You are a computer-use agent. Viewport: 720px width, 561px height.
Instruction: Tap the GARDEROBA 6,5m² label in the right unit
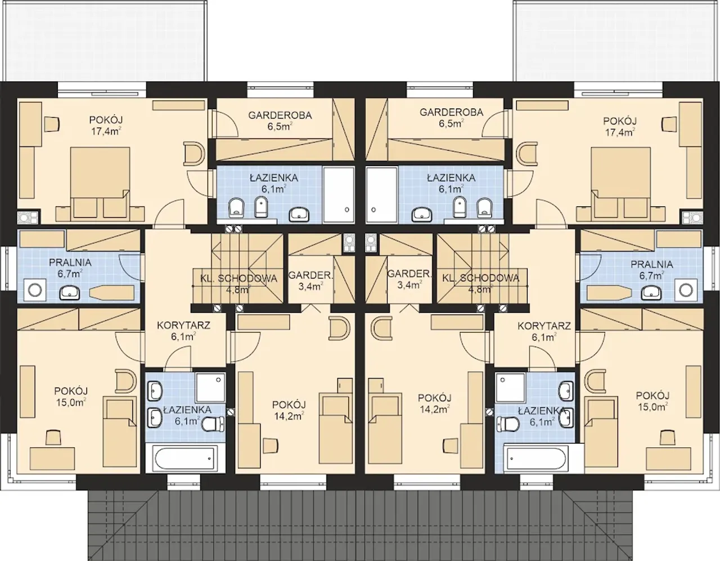coord(452,118)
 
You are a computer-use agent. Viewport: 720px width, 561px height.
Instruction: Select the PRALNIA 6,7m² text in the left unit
coord(70,268)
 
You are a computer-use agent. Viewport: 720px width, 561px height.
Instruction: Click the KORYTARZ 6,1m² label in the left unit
coord(183,331)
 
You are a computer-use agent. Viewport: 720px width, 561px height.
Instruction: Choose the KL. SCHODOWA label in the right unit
coord(481,278)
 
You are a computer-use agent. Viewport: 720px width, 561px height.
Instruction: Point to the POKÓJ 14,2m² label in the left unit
coord(289,411)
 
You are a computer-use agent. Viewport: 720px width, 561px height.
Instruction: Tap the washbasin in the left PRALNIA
coord(70,293)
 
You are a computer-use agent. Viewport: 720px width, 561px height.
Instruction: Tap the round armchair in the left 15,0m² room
coord(125,380)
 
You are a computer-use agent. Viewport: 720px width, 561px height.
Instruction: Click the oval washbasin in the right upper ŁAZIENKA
coord(422,215)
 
